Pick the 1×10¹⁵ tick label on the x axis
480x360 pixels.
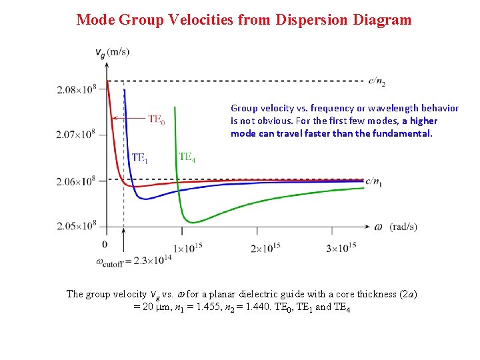click(188, 247)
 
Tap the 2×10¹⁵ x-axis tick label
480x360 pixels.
click(265, 247)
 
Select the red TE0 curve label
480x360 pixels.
click(157, 119)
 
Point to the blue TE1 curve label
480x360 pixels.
click(140, 157)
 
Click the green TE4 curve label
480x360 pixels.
click(187, 157)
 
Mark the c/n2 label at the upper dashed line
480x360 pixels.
click(377, 82)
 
